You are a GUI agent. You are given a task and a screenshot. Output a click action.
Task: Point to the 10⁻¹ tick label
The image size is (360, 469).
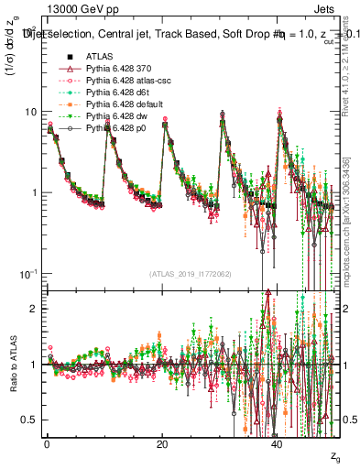click(x=27, y=274)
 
